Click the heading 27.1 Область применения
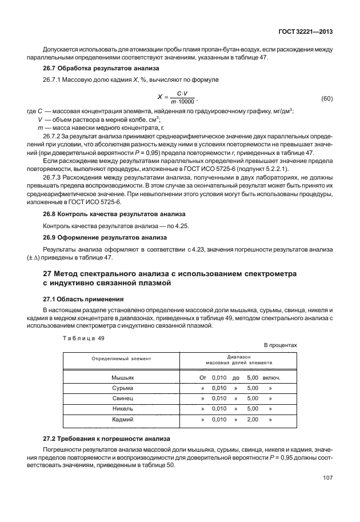coord(78,299)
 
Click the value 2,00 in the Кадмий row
coord(252,419)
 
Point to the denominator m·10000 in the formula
coord(183,102)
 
